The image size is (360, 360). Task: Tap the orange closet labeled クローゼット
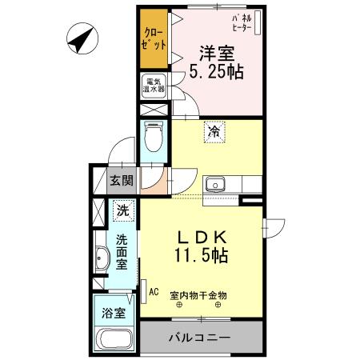click(155, 40)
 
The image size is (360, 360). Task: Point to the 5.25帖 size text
click(217, 72)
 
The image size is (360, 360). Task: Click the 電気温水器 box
click(154, 86)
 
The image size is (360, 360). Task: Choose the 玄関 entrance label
click(122, 181)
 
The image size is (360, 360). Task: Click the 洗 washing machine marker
click(122, 211)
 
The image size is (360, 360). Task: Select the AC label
click(154, 293)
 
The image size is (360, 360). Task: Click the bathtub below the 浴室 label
click(115, 338)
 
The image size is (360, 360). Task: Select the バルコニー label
click(198, 338)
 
